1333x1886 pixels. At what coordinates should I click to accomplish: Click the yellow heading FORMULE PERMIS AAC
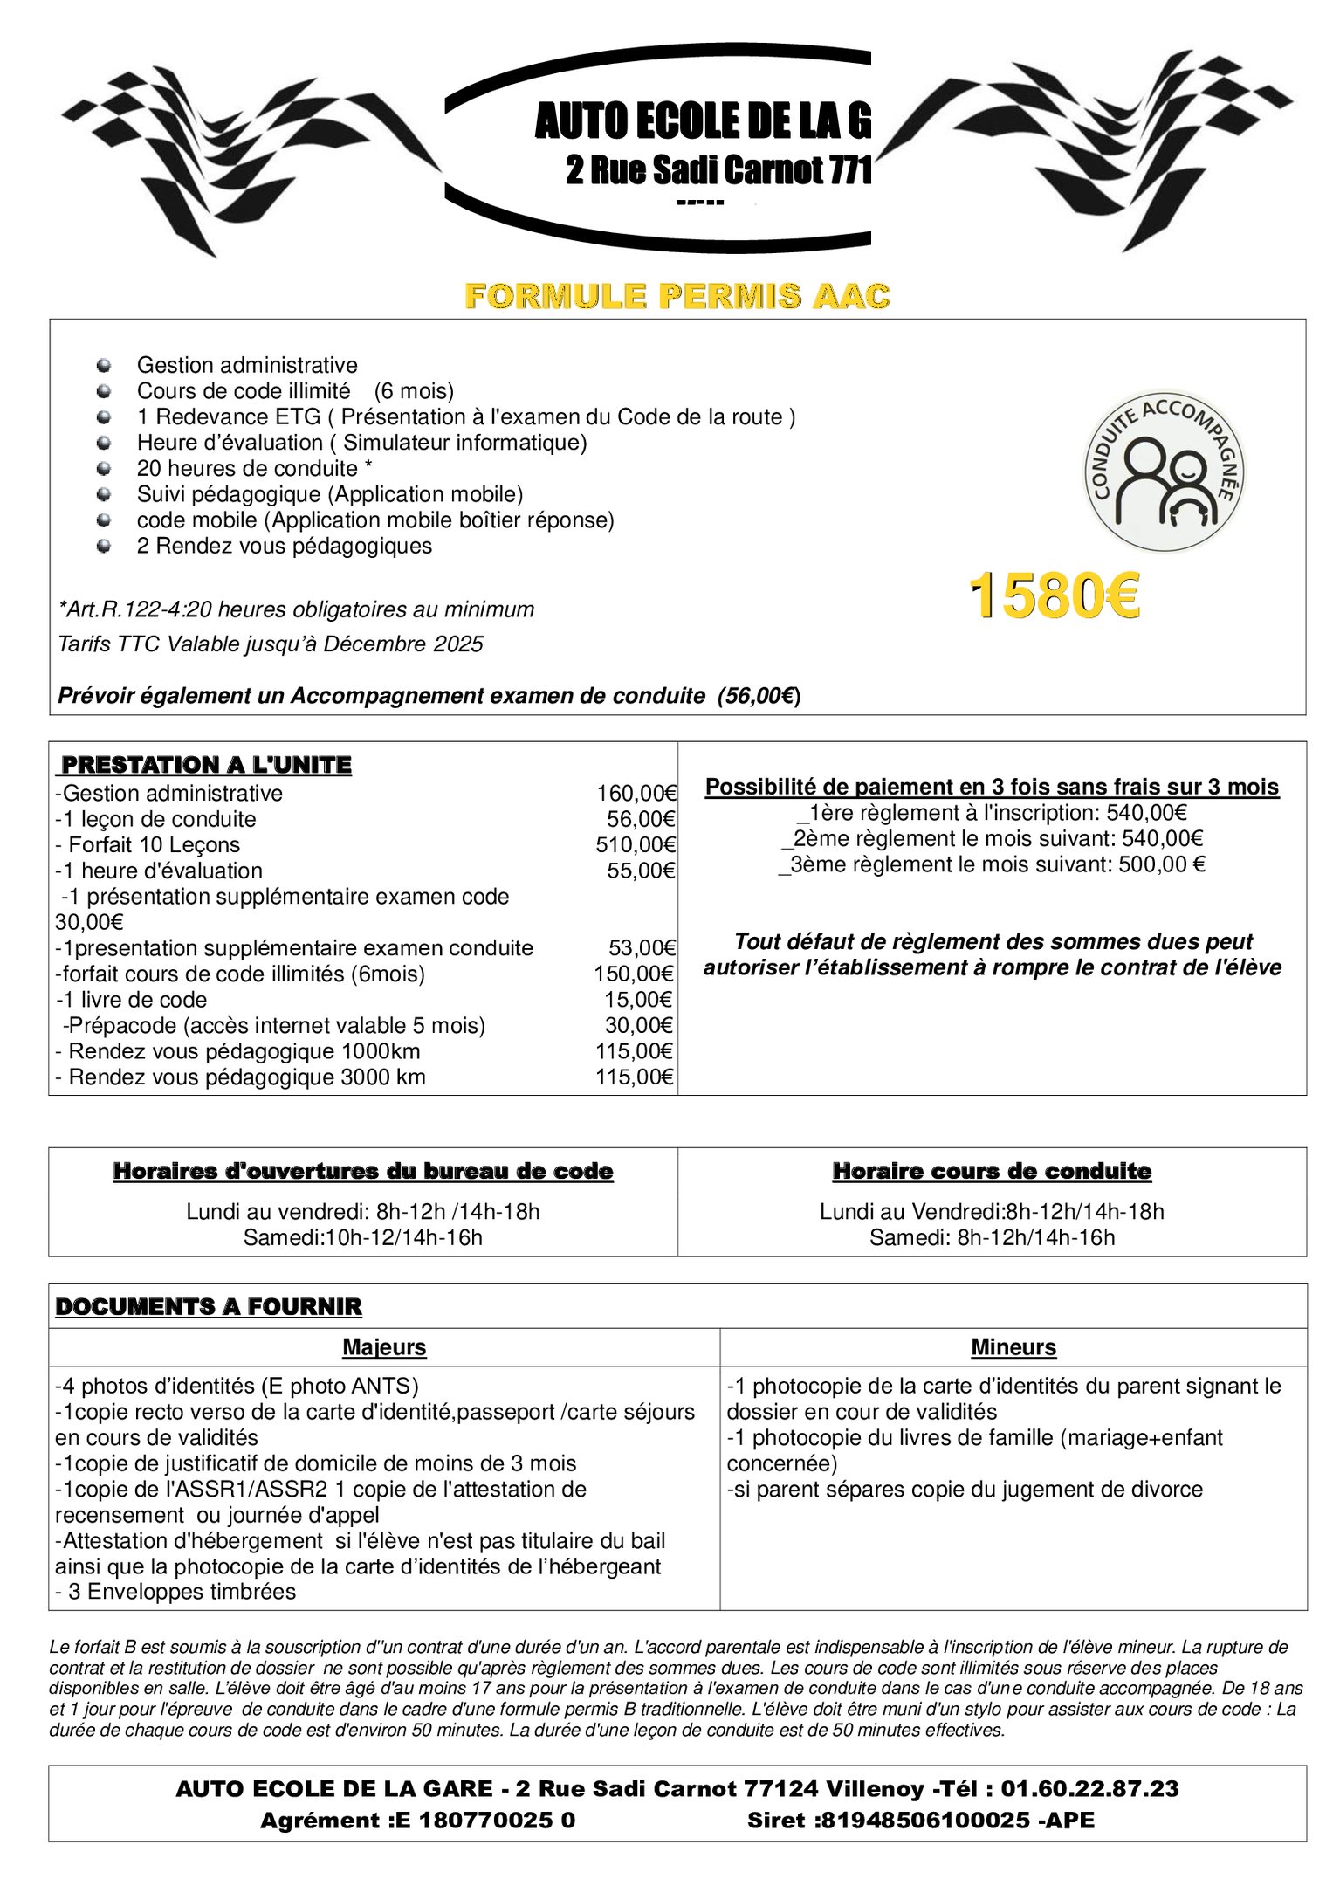[x=677, y=296]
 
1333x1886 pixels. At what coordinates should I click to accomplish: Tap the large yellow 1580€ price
[x=1055, y=597]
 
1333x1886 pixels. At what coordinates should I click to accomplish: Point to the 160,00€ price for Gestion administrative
[x=636, y=793]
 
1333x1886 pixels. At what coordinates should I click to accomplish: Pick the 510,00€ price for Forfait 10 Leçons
[x=636, y=844]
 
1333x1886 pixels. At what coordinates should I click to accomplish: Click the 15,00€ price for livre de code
[x=639, y=1000]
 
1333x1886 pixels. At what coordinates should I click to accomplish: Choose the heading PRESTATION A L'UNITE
[x=204, y=765]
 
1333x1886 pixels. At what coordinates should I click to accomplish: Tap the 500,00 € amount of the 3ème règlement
[x=1162, y=864]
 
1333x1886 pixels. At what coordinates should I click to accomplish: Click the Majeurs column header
[x=384, y=1347]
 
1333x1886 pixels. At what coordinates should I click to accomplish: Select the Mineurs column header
[x=1013, y=1347]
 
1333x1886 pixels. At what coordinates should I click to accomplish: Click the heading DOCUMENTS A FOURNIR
[x=209, y=1306]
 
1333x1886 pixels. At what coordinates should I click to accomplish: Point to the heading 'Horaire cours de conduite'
[x=992, y=1171]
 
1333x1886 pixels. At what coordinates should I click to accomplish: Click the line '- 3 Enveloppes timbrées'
[x=175, y=1592]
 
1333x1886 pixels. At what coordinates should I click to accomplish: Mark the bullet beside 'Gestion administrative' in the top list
[x=104, y=364]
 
